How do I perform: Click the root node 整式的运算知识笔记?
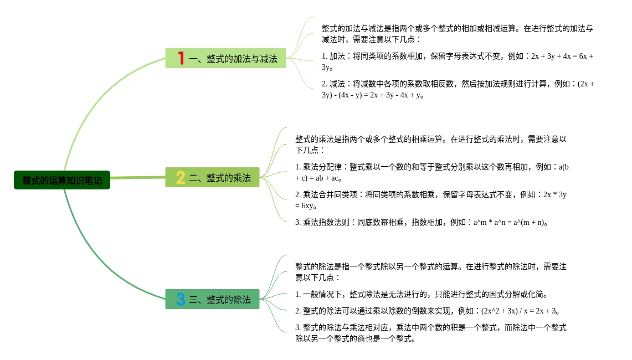tap(62, 180)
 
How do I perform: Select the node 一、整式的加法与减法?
tap(233, 58)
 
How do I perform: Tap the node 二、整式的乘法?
tap(219, 178)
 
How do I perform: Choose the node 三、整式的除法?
tap(219, 300)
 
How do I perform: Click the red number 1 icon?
tap(181, 58)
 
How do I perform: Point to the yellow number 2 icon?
tap(181, 178)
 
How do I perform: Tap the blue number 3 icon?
tap(181, 300)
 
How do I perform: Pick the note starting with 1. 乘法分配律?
tap(431, 172)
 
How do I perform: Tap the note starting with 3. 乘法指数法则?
tap(421, 222)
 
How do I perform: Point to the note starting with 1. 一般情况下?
tap(421, 294)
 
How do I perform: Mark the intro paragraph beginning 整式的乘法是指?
tap(430, 145)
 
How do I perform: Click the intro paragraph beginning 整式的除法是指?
tap(430, 272)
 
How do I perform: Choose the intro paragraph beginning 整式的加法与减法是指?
tap(457, 34)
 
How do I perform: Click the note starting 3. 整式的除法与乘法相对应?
tap(430, 333)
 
